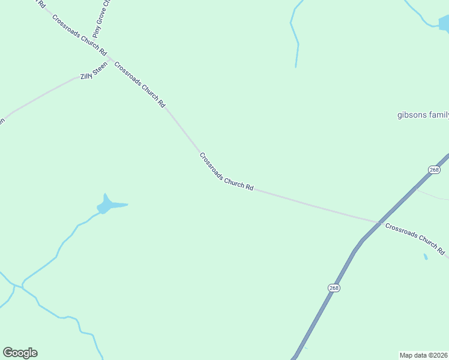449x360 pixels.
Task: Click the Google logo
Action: pos(20,353)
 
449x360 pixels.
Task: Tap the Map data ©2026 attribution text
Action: pos(423,355)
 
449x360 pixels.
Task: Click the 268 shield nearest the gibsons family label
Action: pos(434,170)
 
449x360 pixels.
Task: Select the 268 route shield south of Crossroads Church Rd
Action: pos(334,288)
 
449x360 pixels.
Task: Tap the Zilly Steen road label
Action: pos(94,71)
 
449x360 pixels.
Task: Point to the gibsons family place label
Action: pos(423,115)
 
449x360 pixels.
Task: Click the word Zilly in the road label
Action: pos(87,76)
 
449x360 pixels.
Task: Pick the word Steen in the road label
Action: pos(100,68)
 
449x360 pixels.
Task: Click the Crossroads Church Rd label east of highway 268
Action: pos(415,238)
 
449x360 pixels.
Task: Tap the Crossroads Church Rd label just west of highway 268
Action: pos(226,172)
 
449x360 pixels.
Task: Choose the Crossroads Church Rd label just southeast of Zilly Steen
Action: pos(139,85)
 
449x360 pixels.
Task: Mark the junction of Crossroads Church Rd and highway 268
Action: pos(380,222)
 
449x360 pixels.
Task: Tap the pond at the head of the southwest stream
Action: pos(109,205)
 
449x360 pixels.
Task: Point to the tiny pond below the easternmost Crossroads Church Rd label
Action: pos(426,257)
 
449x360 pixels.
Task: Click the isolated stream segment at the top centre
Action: pos(295,36)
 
